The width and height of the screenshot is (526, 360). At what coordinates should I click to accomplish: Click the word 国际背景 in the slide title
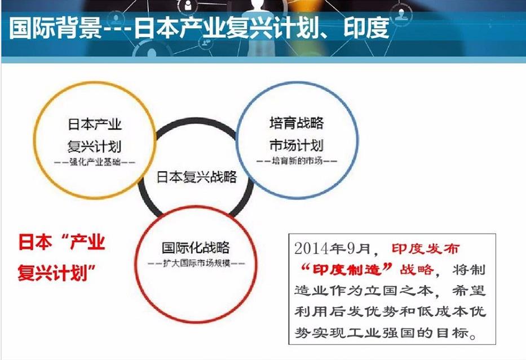(x=55, y=28)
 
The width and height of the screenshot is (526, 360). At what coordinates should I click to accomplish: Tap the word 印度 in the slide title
(x=366, y=28)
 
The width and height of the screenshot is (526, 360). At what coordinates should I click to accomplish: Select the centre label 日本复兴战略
(x=197, y=177)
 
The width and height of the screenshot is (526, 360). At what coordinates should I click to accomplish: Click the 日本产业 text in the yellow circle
(x=95, y=125)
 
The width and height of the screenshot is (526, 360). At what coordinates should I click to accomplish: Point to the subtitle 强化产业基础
(x=95, y=162)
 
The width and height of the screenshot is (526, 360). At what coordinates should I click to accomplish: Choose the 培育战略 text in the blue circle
(x=297, y=123)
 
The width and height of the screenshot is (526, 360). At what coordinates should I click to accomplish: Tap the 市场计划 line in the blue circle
(x=297, y=145)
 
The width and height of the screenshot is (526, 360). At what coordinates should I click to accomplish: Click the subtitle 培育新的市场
(x=297, y=161)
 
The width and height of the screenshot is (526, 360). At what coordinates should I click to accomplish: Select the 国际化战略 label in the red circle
(x=196, y=248)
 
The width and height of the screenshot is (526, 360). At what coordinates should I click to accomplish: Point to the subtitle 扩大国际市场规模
(x=197, y=263)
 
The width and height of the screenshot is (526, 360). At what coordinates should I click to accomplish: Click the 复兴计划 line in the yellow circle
(x=94, y=146)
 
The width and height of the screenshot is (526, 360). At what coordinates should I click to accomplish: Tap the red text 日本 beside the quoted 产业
(x=35, y=242)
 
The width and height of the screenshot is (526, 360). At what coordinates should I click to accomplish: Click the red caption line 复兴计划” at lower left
(x=57, y=272)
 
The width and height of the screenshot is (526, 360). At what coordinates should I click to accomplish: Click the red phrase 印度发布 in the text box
(x=425, y=248)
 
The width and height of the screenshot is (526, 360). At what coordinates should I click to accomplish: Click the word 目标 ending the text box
(x=452, y=333)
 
